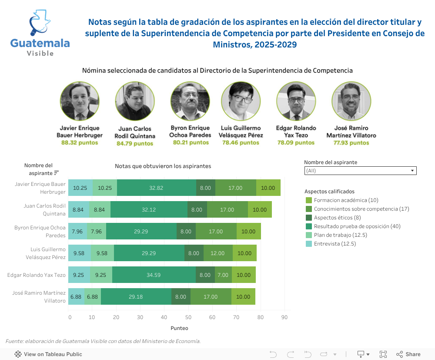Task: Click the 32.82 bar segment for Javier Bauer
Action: point(156,188)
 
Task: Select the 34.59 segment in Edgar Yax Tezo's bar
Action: point(154,275)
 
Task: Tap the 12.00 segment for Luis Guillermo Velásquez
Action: point(217,253)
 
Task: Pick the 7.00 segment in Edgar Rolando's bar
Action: point(223,275)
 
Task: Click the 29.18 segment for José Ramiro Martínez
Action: point(136,297)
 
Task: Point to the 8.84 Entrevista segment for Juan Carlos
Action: point(78,210)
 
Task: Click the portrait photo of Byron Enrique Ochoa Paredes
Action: point(190,101)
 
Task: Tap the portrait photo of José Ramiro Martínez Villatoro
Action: point(351,101)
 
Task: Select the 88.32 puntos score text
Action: point(80,142)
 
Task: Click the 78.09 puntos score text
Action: point(296,142)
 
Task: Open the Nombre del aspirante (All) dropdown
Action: point(360,171)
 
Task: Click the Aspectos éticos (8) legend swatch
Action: point(309,218)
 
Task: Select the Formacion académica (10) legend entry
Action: point(342,200)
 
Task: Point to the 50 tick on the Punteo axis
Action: point(188,318)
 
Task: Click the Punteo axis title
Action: point(179,328)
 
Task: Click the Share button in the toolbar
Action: point(408,354)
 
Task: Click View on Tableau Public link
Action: point(48,354)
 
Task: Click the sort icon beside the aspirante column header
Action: point(57,173)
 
